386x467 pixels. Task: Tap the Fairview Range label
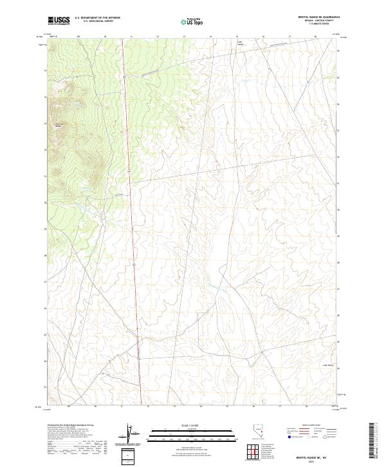pos(59,125)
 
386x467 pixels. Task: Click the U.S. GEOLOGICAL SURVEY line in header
pos(97,22)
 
